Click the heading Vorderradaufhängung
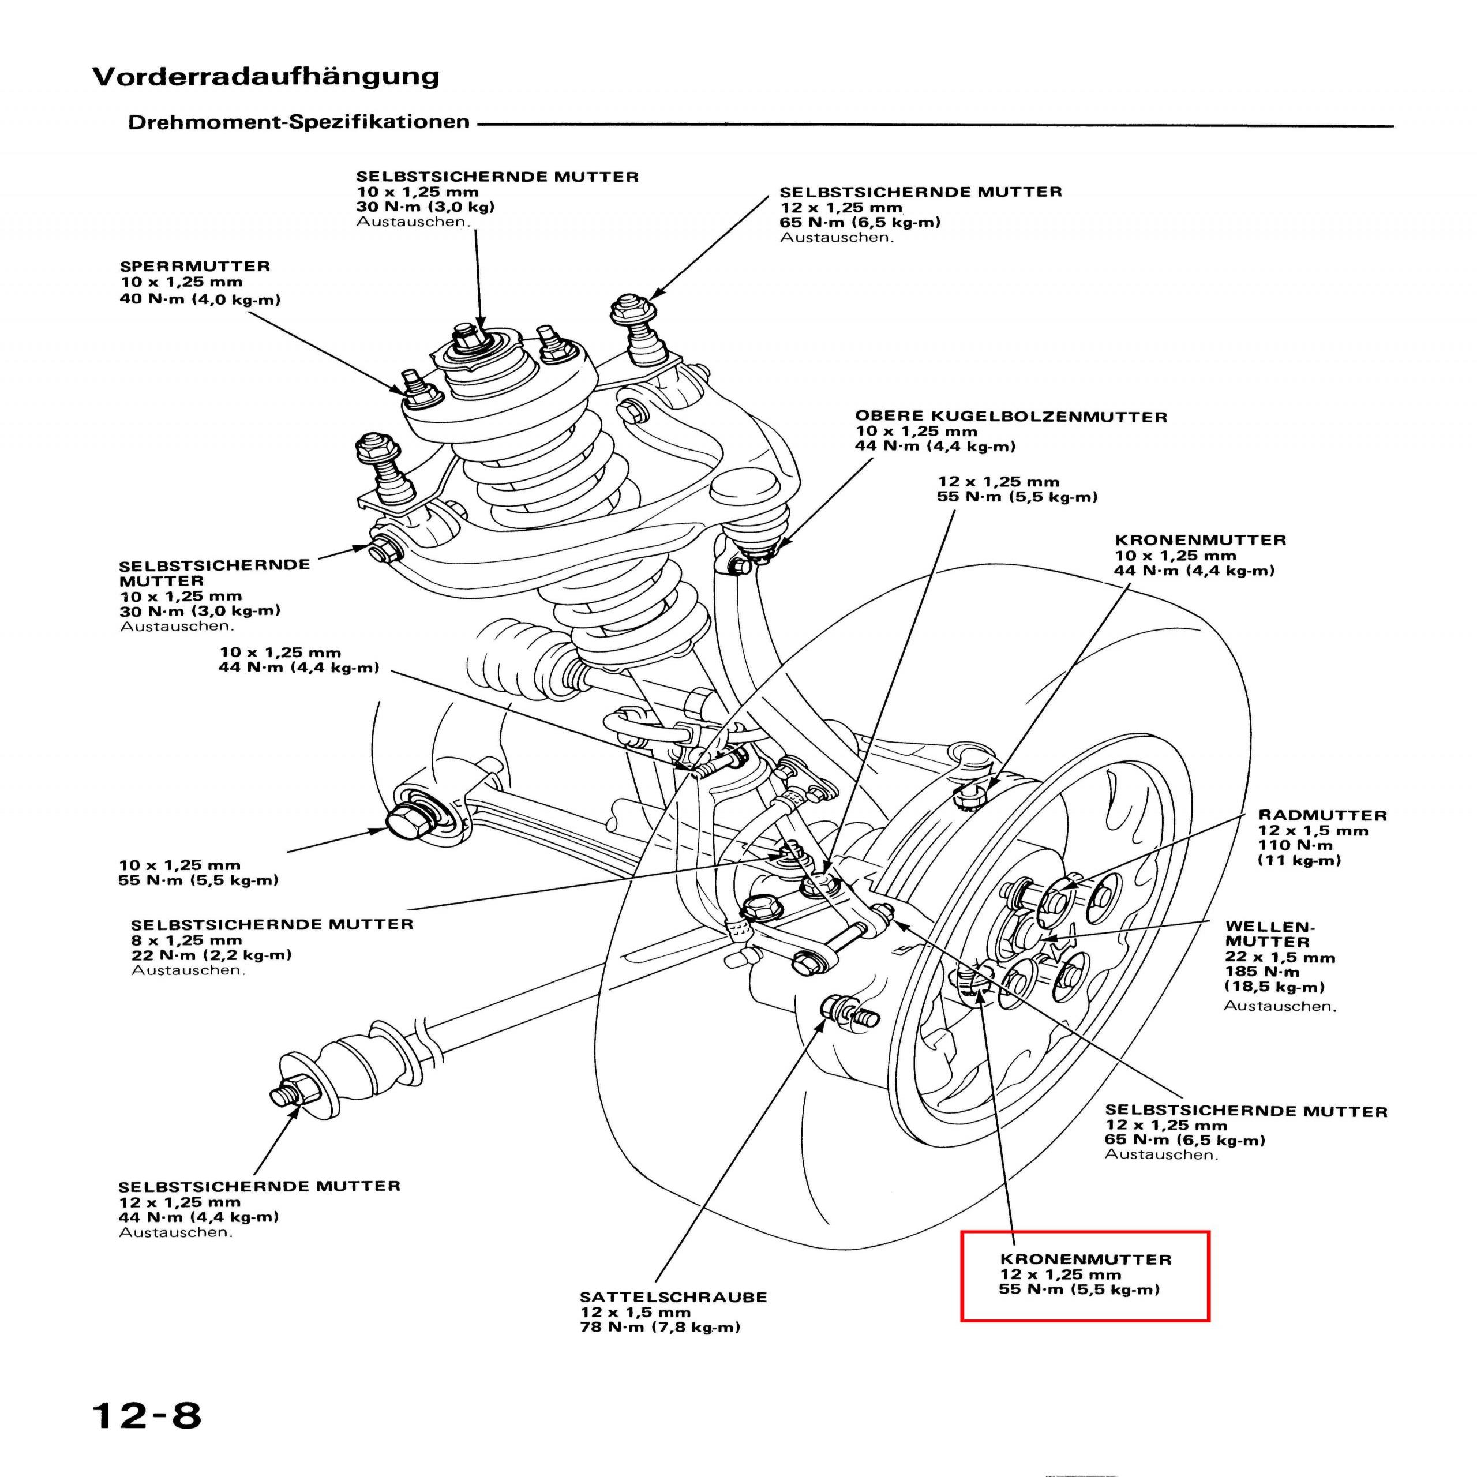tap(265, 77)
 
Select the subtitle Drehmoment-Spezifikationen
tap(298, 122)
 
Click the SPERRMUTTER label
tap(195, 267)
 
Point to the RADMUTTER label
tap(1322, 816)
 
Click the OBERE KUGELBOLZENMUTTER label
tap(1011, 417)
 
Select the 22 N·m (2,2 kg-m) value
tap(211, 955)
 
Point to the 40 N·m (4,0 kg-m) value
tap(200, 299)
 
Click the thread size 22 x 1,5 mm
tap(1280, 958)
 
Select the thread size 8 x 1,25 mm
tap(186, 940)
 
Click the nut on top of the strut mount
tap(464, 336)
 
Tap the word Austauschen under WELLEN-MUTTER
tap(1280, 1006)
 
